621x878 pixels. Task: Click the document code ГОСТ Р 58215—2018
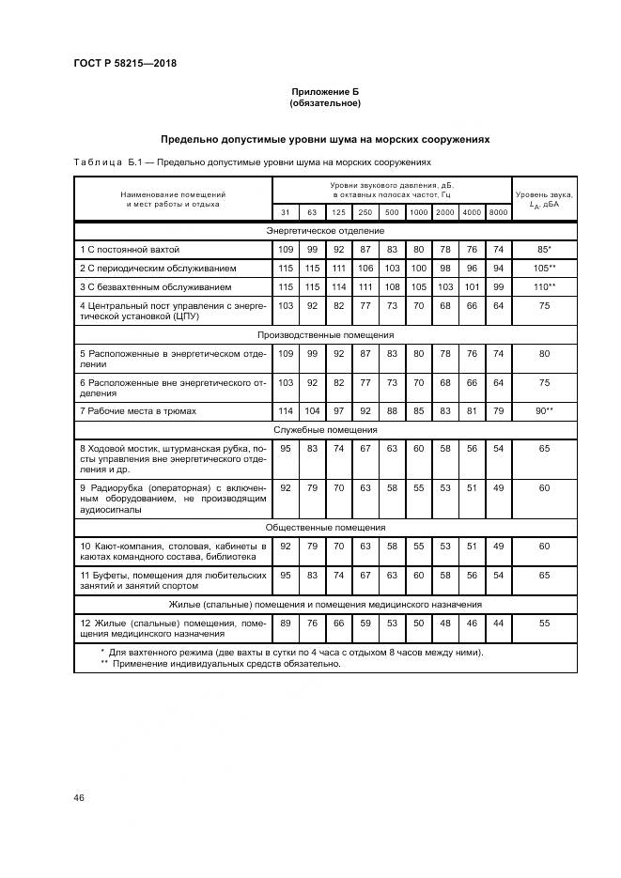(125, 63)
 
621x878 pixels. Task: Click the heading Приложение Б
(325, 92)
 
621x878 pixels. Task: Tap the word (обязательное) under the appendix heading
(325, 103)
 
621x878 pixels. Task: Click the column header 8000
(498, 212)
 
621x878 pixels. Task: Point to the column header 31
(286, 212)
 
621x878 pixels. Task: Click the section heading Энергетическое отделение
(325, 230)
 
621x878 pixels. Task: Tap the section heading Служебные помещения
(325, 429)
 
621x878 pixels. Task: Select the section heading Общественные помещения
(325, 528)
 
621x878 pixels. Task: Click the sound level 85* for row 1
(544, 250)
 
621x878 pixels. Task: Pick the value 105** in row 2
(544, 268)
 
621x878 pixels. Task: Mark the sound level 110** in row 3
(544, 286)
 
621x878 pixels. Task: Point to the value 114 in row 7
(286, 411)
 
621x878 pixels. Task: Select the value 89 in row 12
(286, 623)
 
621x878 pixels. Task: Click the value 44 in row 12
(498, 623)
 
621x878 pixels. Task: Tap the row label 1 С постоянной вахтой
(130, 250)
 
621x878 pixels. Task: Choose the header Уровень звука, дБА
(544, 198)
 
